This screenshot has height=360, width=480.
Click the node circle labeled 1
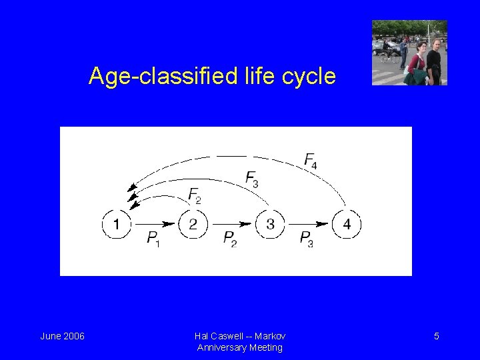point(117,224)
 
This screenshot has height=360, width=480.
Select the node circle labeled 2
point(193,224)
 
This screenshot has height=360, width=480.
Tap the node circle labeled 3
point(270,224)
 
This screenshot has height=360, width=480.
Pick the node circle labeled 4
point(347,224)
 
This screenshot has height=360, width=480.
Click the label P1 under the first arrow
point(153,239)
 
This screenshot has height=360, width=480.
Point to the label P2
point(230,239)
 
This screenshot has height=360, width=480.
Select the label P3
point(307,239)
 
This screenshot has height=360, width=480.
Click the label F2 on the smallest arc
point(195,195)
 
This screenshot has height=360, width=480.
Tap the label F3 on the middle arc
point(252,178)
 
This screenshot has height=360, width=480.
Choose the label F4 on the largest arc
point(311,160)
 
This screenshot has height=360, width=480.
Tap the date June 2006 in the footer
point(63,336)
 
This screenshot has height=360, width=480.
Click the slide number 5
point(437,336)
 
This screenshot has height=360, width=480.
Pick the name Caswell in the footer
point(234,336)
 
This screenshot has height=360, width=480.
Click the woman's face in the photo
point(421,48)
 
